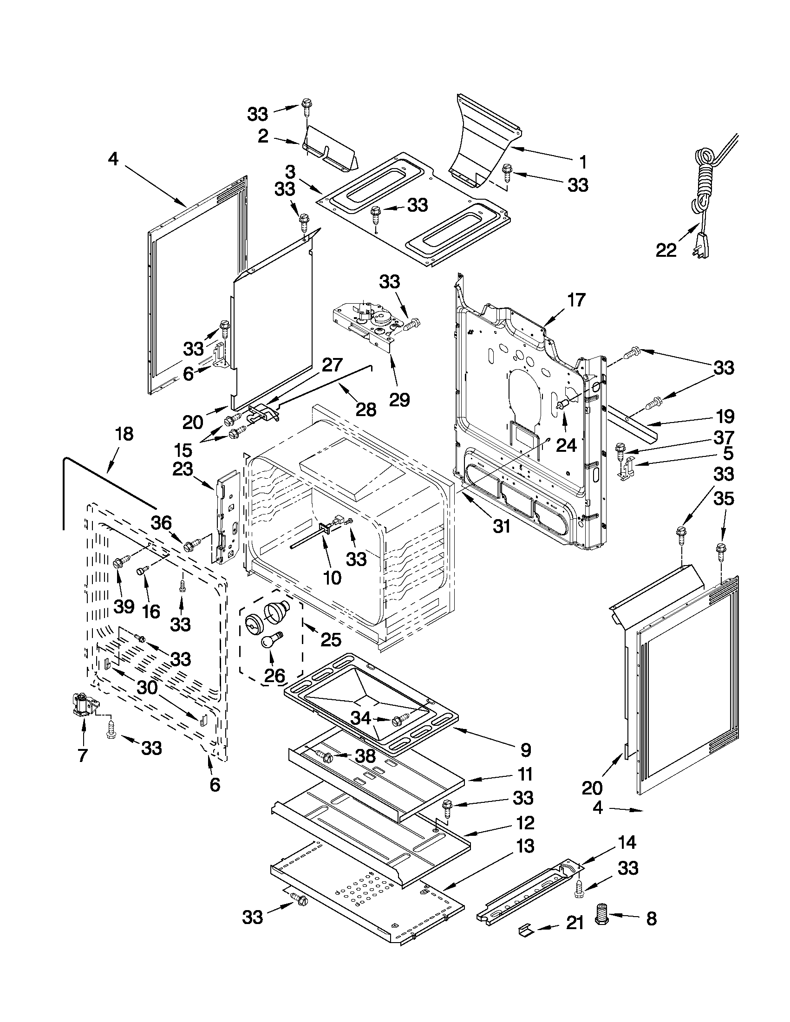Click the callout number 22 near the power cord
666,251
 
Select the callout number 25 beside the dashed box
330,639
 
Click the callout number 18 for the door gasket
124,434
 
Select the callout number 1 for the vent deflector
583,163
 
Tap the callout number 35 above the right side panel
724,499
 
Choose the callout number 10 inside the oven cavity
332,578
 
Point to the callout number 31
501,527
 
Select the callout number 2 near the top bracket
263,136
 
